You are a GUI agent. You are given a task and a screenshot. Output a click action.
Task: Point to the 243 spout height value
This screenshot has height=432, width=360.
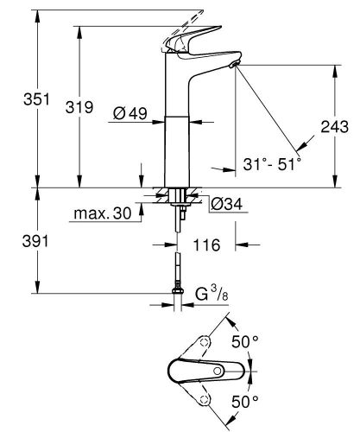tap(335, 126)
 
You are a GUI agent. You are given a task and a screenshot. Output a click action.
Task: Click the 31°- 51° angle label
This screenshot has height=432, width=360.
tap(272, 162)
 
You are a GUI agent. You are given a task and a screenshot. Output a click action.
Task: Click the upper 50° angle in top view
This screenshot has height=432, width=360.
tap(249, 342)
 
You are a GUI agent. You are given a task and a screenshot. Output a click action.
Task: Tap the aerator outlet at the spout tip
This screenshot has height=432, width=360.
tap(236, 67)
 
